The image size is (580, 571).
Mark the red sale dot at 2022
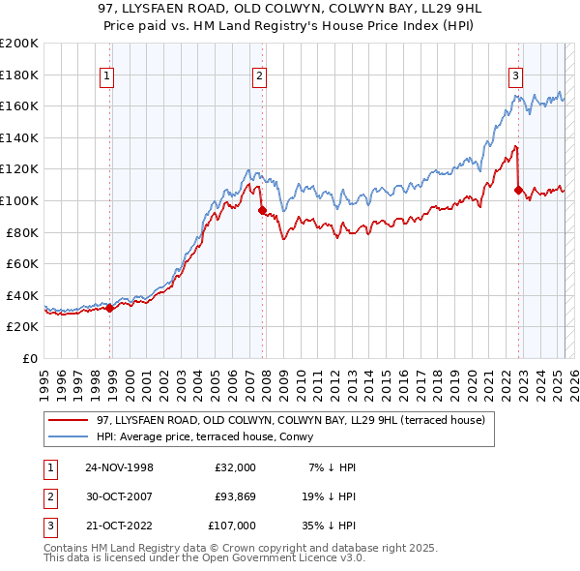(x=518, y=190)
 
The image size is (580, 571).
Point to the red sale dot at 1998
(x=110, y=308)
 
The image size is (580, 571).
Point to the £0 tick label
(x=29, y=358)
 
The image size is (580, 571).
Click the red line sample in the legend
(x=69, y=419)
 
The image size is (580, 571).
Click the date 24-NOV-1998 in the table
(x=119, y=467)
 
